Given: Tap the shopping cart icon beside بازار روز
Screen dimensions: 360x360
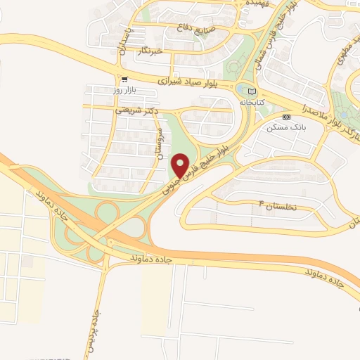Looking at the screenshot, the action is (124, 79).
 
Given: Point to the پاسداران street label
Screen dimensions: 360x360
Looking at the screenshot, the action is (120, 43).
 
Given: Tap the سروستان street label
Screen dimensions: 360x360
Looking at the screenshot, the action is (160, 143).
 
